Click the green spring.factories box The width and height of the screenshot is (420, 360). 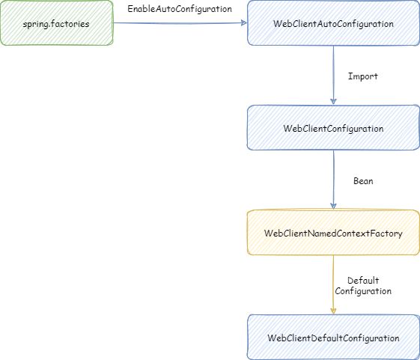(56, 22)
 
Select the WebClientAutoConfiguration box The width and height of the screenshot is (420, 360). (333, 22)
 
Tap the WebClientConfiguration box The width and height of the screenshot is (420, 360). (333, 127)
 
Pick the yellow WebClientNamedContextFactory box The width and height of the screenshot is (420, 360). (333, 232)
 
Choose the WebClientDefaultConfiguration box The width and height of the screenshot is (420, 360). (333, 338)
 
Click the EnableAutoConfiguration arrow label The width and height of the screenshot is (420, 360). (180, 9)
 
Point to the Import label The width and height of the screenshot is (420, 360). (362, 76)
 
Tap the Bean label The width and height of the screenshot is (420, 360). (363, 181)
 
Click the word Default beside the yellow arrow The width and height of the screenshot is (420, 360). (363, 281)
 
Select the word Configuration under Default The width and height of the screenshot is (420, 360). (363, 291)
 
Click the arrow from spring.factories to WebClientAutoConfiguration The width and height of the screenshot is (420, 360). (180, 23)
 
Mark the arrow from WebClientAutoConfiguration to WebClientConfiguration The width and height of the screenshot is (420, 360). (333, 75)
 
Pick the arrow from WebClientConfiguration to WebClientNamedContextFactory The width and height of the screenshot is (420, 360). (333, 180)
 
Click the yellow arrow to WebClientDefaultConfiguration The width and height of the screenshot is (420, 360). (333, 284)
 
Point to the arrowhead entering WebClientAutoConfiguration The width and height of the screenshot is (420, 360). (244, 23)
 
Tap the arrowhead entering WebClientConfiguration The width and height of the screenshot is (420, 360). (333, 102)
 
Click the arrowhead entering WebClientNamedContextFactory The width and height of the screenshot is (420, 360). (333, 207)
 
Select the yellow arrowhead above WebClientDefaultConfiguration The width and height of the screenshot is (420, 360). (333, 311)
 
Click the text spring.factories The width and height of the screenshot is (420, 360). (56, 24)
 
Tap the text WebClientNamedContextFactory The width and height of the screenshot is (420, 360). (333, 234)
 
